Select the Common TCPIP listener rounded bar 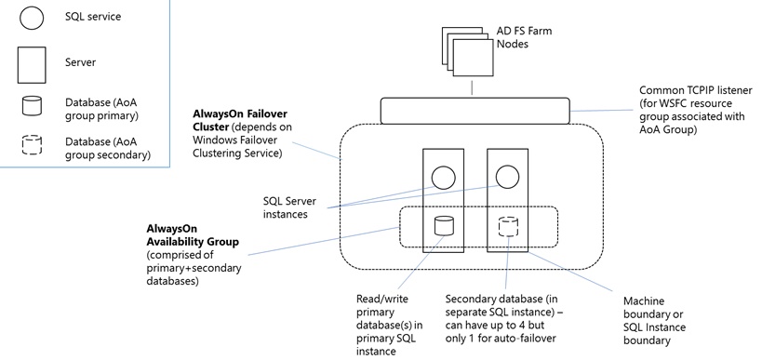pyautogui.click(x=475, y=111)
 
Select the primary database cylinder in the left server pyautogui.click(x=443, y=225)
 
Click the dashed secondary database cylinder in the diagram pyautogui.click(x=507, y=225)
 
